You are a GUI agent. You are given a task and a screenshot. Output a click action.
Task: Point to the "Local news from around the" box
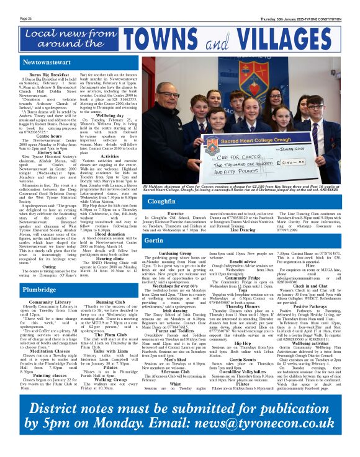coord(64,38)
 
